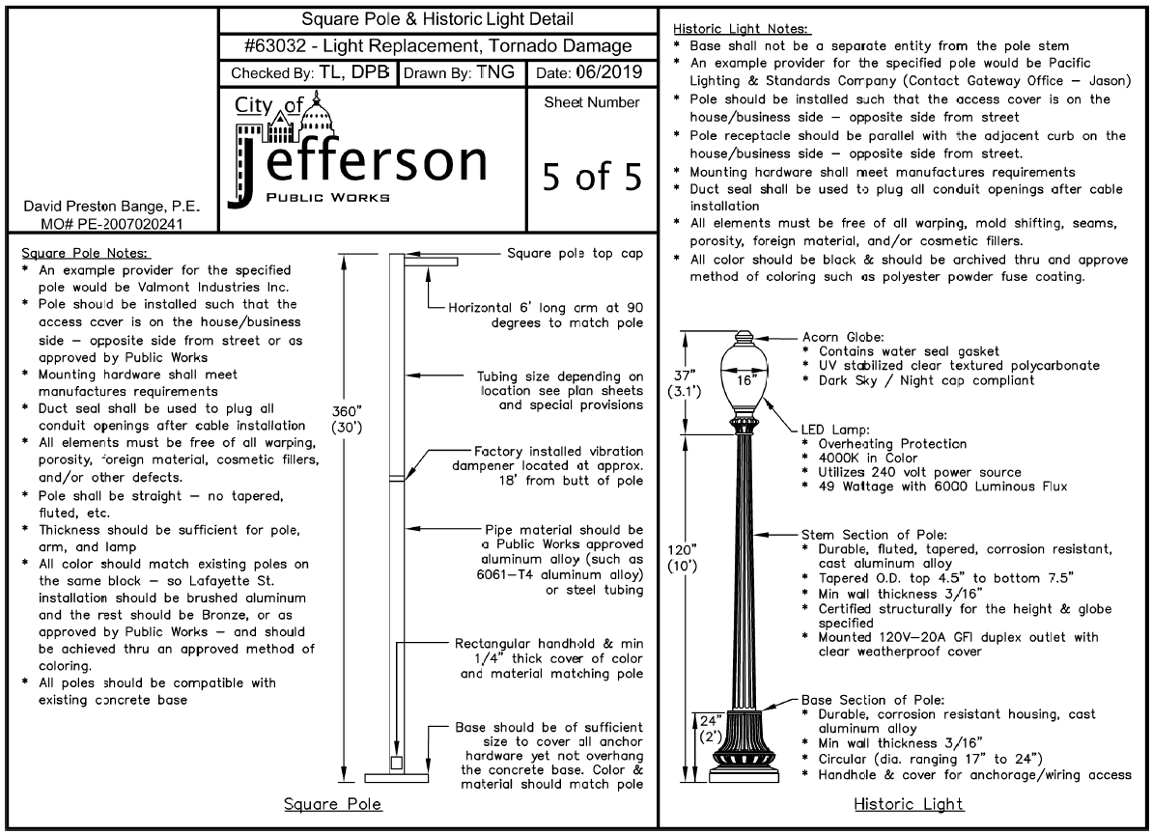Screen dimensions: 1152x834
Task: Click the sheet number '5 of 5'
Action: tap(592, 177)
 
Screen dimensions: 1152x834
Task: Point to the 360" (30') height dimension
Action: tap(347, 419)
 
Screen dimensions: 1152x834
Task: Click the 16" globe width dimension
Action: tap(745, 380)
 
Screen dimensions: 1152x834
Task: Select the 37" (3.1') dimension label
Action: tap(684, 383)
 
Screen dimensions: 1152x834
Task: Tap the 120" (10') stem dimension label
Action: tap(682, 558)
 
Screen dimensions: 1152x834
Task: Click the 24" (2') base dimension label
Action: tap(711, 728)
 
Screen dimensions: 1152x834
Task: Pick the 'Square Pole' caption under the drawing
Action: tap(333, 805)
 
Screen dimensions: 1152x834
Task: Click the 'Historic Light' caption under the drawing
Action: tap(908, 805)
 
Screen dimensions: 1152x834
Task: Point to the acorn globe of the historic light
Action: tap(744, 375)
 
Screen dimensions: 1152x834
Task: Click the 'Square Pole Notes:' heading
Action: tap(84, 253)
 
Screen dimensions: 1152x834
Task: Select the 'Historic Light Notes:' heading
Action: tap(741, 29)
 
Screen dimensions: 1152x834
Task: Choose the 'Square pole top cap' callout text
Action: tap(575, 253)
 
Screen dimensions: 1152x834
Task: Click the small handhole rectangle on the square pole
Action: tap(397, 763)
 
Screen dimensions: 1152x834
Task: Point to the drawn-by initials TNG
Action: tap(495, 72)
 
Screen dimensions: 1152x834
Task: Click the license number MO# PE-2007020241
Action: tap(112, 223)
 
